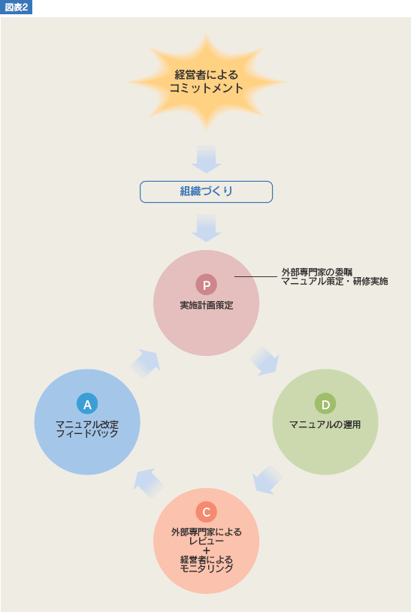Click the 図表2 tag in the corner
pyautogui.click(x=16, y=7)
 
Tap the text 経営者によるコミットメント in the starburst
pyautogui.click(x=207, y=81)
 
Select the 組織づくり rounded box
pyautogui.click(x=207, y=191)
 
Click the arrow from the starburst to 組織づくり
pyautogui.click(x=207, y=159)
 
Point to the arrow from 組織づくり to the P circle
pyautogui.click(x=207, y=228)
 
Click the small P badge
pyautogui.click(x=207, y=285)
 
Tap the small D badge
pyautogui.click(x=325, y=404)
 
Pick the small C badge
pyautogui.click(x=207, y=511)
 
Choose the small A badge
pyautogui.click(x=87, y=404)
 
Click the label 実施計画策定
pyautogui.click(x=207, y=305)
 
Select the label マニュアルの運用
pyautogui.click(x=325, y=425)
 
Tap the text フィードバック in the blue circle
pyautogui.click(x=87, y=433)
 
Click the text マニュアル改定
pyautogui.click(x=87, y=425)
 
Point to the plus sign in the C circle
pyautogui.click(x=207, y=550)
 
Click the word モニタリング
pyautogui.click(x=207, y=568)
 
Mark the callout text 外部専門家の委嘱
pyautogui.click(x=317, y=272)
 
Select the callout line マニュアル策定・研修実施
pyautogui.click(x=334, y=281)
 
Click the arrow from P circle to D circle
pyautogui.click(x=264, y=361)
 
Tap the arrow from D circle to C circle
pyautogui.click(x=267, y=480)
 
